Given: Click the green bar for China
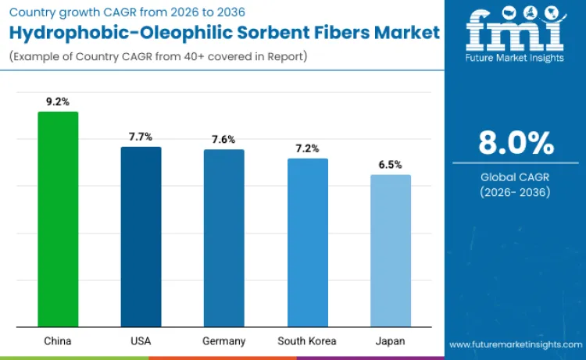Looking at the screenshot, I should point(58,219).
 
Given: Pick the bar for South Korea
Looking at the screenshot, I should point(307,242).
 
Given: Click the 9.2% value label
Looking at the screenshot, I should point(58,102).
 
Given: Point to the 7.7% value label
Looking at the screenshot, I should point(141,137).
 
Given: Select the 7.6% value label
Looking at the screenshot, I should point(224,139).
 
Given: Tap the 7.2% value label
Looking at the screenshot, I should point(307,148).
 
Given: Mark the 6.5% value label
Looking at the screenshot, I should point(391,165).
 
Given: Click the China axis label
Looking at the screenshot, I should point(58,341).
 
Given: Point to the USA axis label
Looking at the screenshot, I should point(141,341).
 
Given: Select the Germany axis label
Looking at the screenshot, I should point(224,341).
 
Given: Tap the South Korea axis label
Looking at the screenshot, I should point(307,341).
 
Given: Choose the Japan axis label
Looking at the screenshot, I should point(391,341).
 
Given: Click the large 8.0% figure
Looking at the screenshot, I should point(516,144).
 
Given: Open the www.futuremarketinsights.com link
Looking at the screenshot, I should point(515,344).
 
